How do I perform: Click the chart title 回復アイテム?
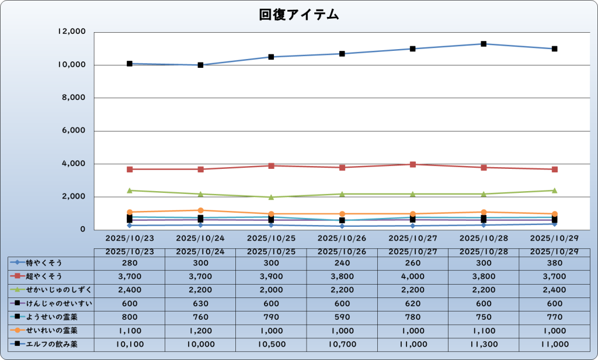coord(299,15)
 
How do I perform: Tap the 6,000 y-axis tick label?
coord(74,131)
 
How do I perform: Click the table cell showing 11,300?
coord(484,344)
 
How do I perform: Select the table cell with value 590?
coord(342,317)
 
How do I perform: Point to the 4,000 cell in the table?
coord(413,276)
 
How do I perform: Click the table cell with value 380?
coord(554,262)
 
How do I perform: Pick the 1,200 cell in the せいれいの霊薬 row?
coord(200,331)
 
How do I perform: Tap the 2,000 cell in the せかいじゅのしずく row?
coord(271,290)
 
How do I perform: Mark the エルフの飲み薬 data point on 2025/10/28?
coord(484,44)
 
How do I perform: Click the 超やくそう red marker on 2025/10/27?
coord(413,164)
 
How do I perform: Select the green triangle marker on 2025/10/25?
coord(271,197)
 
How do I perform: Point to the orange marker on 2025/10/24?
coord(200,210)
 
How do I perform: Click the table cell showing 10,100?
coord(130,344)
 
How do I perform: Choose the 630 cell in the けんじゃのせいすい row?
coord(200,303)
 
